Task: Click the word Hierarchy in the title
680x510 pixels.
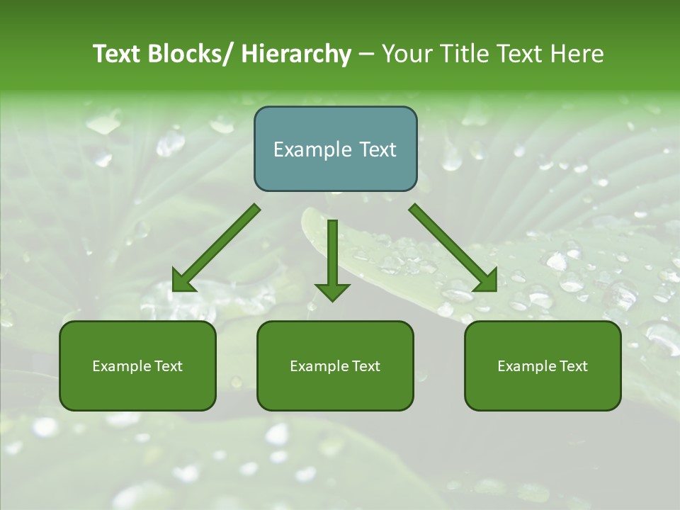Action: pos(296,54)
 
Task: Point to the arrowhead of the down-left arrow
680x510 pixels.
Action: pos(183,282)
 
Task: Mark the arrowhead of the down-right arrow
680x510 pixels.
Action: pos(486,281)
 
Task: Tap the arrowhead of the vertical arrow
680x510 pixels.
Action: pos(332,291)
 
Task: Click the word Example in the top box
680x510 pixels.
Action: pos(312,149)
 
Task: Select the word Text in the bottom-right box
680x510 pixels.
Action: pos(573,366)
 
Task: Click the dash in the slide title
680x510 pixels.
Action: pos(366,55)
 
